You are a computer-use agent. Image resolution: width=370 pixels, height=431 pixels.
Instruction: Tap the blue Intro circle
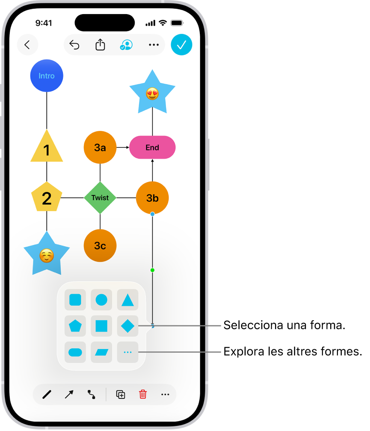click(47, 76)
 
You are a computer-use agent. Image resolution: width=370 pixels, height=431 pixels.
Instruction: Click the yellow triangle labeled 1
click(47, 147)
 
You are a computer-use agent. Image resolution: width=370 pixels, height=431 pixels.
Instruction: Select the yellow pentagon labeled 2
click(47, 197)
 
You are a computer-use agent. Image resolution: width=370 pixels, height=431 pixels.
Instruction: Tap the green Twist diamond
click(100, 198)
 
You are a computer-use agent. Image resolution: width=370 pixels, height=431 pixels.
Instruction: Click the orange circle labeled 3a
click(100, 148)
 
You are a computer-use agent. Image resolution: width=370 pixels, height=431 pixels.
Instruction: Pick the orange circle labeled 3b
click(152, 198)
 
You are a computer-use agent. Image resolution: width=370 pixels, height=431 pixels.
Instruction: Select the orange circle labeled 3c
click(100, 245)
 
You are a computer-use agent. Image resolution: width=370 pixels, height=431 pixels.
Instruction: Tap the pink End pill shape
click(152, 148)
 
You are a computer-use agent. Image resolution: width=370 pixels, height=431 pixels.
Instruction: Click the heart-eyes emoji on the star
click(152, 94)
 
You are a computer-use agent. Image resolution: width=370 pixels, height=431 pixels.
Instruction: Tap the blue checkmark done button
click(181, 45)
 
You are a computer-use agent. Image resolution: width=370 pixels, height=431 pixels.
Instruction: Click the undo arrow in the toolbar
click(74, 44)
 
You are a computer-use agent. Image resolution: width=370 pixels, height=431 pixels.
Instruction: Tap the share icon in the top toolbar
click(101, 44)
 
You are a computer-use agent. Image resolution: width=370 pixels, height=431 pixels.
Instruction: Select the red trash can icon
click(143, 394)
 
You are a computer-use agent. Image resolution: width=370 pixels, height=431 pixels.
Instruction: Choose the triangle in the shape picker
click(127, 300)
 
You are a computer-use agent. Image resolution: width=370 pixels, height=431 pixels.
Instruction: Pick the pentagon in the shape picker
click(75, 326)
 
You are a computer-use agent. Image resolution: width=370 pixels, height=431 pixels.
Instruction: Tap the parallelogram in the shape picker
click(101, 352)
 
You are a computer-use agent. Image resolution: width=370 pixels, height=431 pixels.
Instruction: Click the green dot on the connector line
click(153, 270)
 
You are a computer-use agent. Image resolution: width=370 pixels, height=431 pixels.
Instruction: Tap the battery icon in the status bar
click(177, 23)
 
